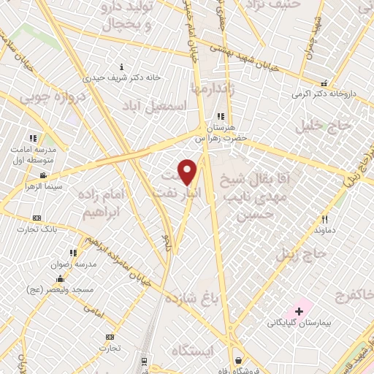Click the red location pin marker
(188, 171)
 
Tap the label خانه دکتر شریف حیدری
(110, 77)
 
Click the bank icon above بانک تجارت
(37, 218)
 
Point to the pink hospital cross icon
(299, 312)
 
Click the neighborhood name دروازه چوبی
(45, 96)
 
